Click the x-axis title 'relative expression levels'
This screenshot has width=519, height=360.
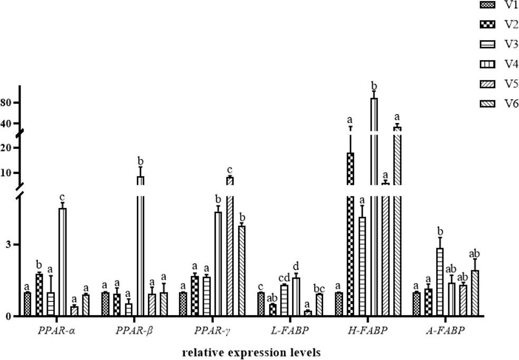pyautogui.click(x=251, y=352)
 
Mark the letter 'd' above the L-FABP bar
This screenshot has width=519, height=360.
pyautogui.click(x=296, y=266)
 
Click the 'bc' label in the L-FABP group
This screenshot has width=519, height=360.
pyautogui.click(x=319, y=288)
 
